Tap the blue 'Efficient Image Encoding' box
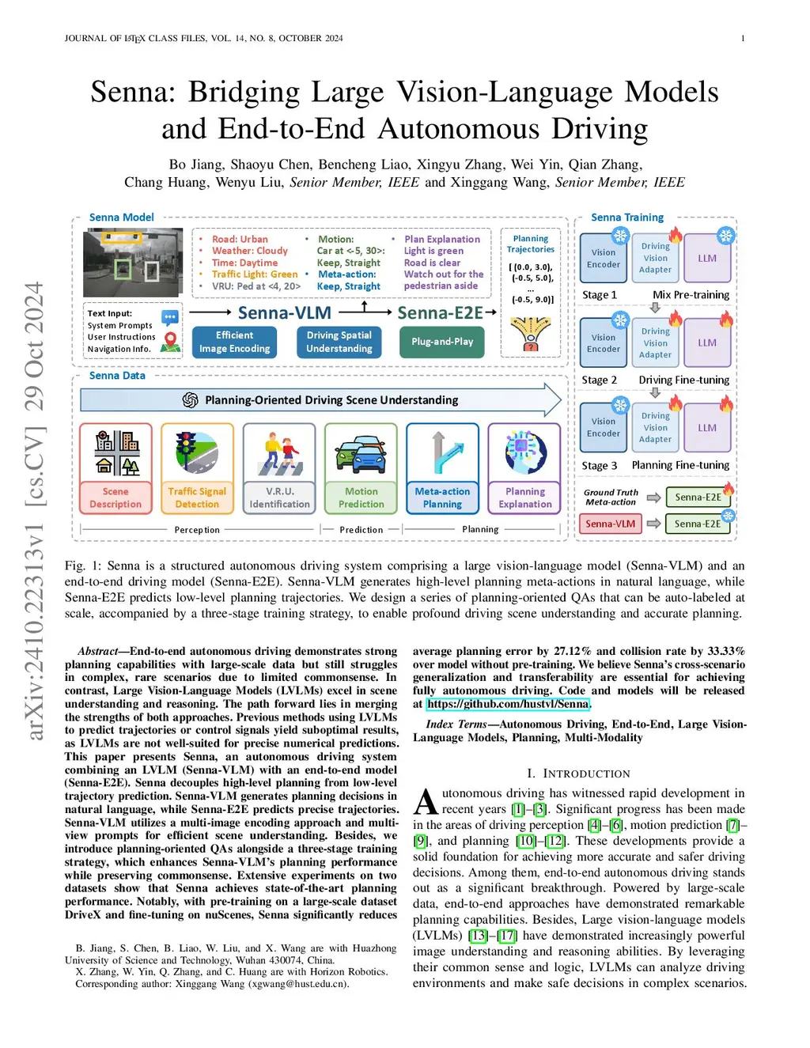(x=234, y=342)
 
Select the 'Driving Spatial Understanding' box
(x=339, y=342)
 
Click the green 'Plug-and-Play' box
(x=442, y=342)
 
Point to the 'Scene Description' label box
(x=115, y=498)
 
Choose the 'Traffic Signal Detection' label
(x=197, y=498)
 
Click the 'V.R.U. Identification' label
(x=279, y=498)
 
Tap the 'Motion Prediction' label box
(x=361, y=498)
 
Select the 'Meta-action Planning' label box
(x=442, y=498)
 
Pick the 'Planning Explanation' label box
(x=525, y=498)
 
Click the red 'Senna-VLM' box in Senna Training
(x=610, y=524)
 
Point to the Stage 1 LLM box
(x=707, y=258)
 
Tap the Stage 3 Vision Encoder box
(x=604, y=427)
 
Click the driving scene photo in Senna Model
(x=133, y=262)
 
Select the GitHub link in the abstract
(x=508, y=704)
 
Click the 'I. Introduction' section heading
(x=578, y=774)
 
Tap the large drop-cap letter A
(x=426, y=802)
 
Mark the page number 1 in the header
(x=743, y=38)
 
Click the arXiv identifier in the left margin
(x=35, y=510)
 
